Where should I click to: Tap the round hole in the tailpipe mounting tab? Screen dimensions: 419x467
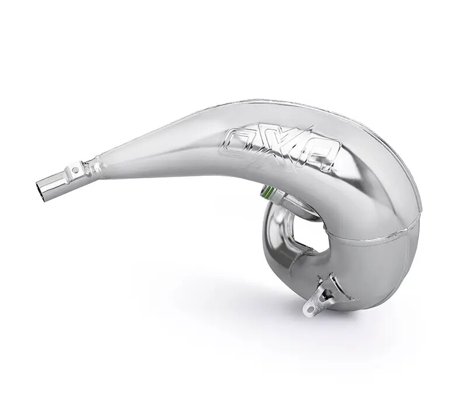click(75, 171)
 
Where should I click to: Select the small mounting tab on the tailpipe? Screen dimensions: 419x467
click(75, 171)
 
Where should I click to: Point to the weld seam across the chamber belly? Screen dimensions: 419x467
click(374, 239)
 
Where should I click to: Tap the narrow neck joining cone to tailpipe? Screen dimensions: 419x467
click(93, 167)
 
